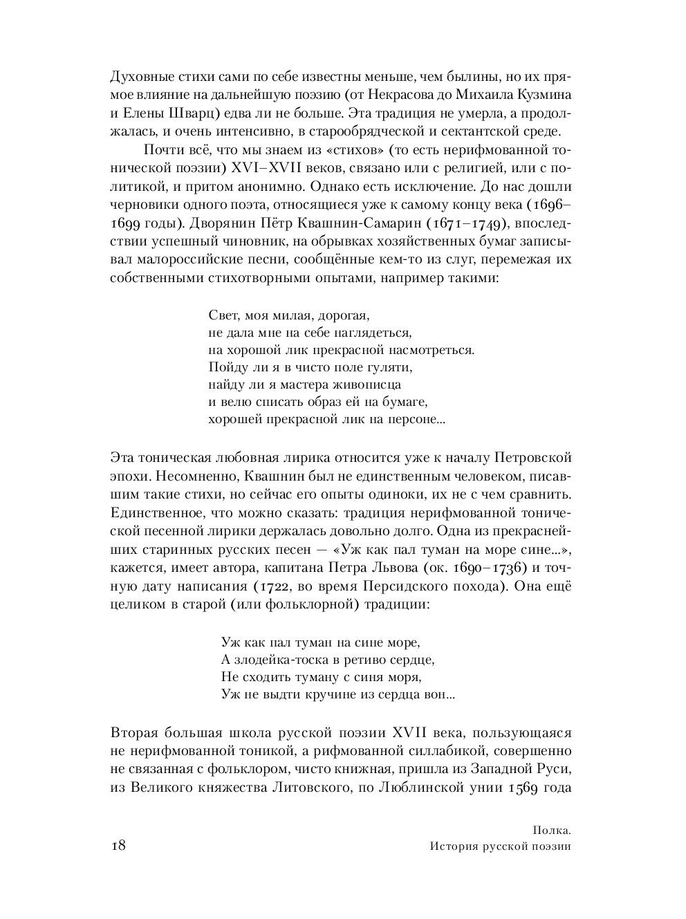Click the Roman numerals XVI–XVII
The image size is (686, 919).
click(250, 168)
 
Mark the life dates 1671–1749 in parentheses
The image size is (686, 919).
click(474, 223)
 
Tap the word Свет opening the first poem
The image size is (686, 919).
click(223, 316)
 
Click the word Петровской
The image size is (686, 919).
click(532, 458)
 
